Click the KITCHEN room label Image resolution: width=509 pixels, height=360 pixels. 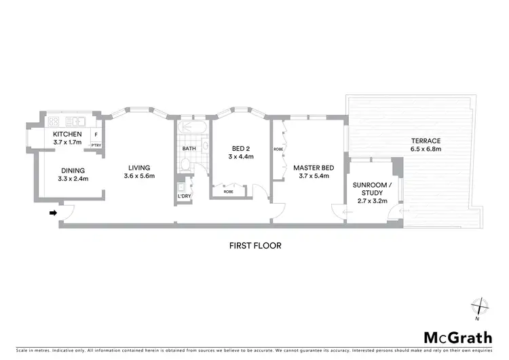pos(67,134)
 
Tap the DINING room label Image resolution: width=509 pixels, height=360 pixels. pos(73,170)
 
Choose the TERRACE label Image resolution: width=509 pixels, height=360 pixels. pos(426,141)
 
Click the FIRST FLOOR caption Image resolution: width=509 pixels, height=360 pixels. pos(254,245)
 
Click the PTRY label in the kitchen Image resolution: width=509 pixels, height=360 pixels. pos(96,145)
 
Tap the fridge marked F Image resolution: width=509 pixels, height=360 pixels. pos(96,134)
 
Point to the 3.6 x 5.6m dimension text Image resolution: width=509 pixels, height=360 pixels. pos(140,177)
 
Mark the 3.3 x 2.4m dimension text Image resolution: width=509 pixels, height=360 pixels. pos(73,179)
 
